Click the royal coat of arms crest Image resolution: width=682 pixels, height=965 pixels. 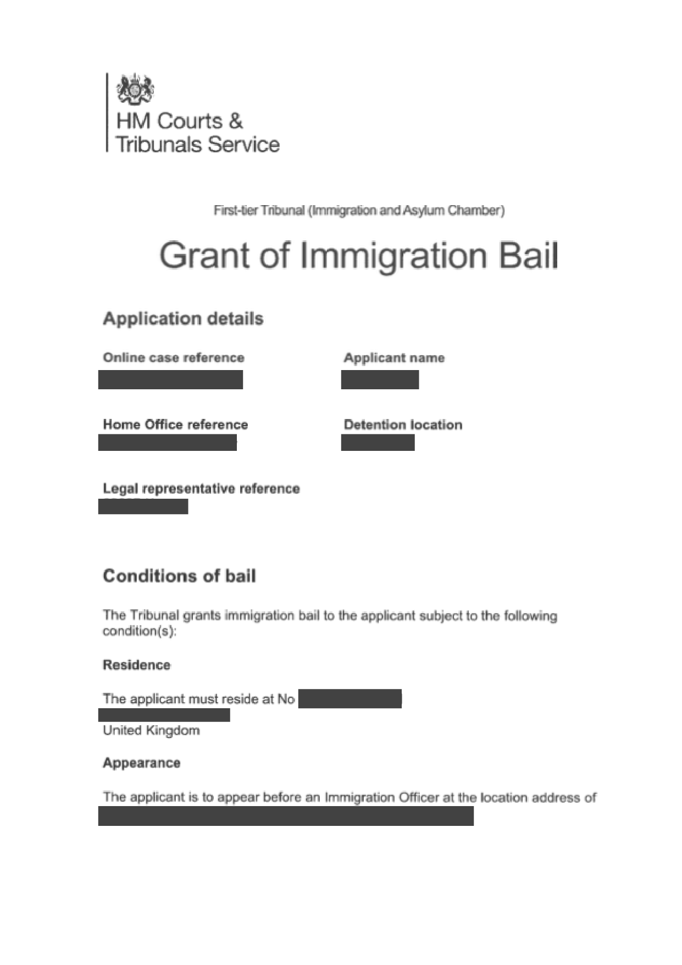135,89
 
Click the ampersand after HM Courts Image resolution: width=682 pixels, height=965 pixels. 235,121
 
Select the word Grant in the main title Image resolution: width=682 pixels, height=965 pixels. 204,256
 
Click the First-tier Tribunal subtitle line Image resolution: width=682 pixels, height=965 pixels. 359,211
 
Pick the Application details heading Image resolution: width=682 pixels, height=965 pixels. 183,319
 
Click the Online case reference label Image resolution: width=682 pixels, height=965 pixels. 174,358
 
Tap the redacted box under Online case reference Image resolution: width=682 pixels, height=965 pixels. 170,380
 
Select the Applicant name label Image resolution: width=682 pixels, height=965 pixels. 394,358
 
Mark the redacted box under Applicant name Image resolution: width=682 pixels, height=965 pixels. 380,380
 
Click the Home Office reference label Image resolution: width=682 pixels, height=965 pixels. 175,424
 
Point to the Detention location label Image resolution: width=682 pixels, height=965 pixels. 403,424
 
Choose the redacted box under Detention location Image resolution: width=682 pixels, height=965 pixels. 378,443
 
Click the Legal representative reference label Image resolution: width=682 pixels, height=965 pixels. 201,489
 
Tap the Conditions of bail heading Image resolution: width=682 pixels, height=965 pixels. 179,576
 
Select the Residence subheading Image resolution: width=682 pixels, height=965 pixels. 136,665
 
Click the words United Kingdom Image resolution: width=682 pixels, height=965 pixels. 151,731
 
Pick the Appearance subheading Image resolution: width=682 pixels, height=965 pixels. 141,763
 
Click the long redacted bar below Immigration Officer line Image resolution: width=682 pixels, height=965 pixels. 286,817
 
